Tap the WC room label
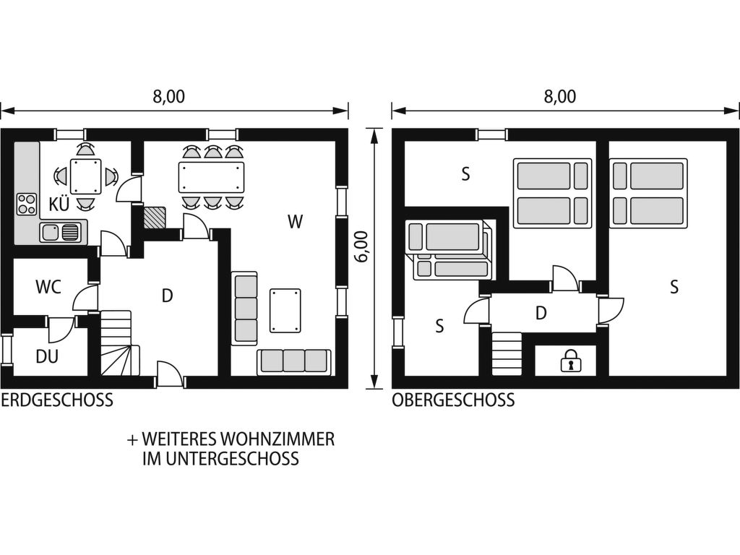click(x=48, y=286)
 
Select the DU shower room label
click(x=47, y=356)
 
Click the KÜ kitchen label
click(x=59, y=205)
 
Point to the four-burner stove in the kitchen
click(x=27, y=205)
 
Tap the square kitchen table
click(x=85, y=176)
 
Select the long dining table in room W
click(x=212, y=177)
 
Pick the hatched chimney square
click(x=155, y=218)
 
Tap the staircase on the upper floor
click(x=507, y=354)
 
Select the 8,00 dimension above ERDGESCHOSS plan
click(x=168, y=96)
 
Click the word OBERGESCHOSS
click(x=453, y=400)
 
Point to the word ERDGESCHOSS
click(x=57, y=400)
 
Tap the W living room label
click(x=296, y=221)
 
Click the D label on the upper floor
click(x=541, y=312)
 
